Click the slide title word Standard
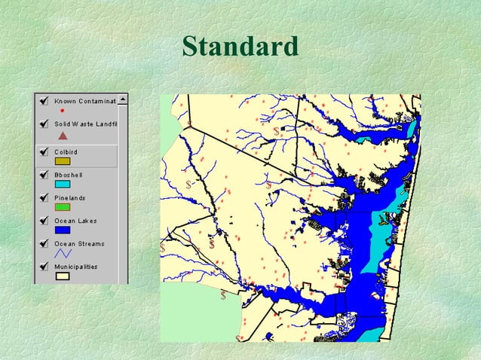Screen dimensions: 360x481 [240, 47]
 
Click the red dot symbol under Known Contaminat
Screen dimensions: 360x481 [62, 111]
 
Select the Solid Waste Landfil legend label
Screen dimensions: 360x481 [85, 124]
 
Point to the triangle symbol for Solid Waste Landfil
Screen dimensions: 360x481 [63, 136]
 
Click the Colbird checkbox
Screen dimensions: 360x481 [44, 151]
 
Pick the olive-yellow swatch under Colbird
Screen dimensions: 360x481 [63, 160]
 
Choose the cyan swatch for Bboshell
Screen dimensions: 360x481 [63, 184]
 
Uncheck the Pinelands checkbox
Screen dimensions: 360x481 [44, 197]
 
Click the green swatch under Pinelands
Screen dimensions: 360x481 [63, 206]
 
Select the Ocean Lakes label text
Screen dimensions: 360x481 [76, 221]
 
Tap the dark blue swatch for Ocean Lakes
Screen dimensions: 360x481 [63, 230]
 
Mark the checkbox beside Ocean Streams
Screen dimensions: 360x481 [44, 244]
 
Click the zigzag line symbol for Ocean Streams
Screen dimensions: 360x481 [63, 254]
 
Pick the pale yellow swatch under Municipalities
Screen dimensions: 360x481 [63, 276]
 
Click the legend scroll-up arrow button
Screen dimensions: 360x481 [123, 99]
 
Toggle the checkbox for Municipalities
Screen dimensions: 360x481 [44, 267]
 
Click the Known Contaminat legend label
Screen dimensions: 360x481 [84, 100]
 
